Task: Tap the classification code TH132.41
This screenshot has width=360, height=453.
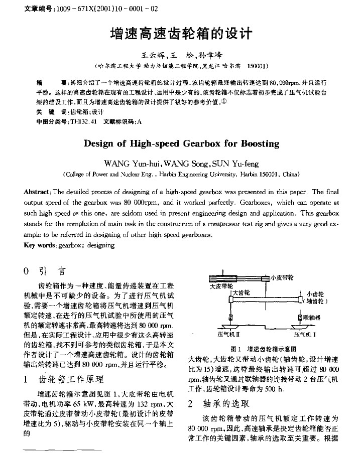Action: (83, 121)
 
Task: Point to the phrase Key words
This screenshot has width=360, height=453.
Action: (41, 245)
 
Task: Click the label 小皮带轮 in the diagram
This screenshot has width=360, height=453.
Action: (282, 277)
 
